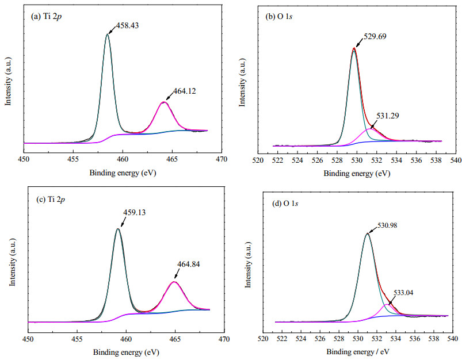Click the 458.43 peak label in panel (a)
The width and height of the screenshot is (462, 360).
coord(127,26)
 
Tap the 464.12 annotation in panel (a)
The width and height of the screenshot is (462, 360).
coord(184,91)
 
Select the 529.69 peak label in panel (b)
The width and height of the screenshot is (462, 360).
coord(375,37)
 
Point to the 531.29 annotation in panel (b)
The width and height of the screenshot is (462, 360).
coord(387,116)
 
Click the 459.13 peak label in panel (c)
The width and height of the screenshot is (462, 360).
coord(134,212)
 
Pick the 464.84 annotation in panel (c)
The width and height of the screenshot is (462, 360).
coord(188,265)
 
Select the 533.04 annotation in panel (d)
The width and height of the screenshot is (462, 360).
coord(403,293)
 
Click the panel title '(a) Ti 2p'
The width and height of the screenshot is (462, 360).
coord(46,17)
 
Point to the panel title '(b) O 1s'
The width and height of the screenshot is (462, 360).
coord(278,17)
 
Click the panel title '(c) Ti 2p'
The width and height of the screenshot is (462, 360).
coord(50,200)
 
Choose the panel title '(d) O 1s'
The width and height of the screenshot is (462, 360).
coord(285,203)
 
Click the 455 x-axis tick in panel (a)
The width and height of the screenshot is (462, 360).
coord(73,159)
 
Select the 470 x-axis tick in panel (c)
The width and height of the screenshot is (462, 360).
coord(224,339)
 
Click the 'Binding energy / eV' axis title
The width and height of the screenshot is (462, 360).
coord(358,352)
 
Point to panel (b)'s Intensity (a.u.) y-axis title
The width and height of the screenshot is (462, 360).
coord(242,82)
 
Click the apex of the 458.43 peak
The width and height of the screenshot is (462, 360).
coord(107,34)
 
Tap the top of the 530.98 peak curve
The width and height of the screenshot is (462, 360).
coord(367,233)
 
